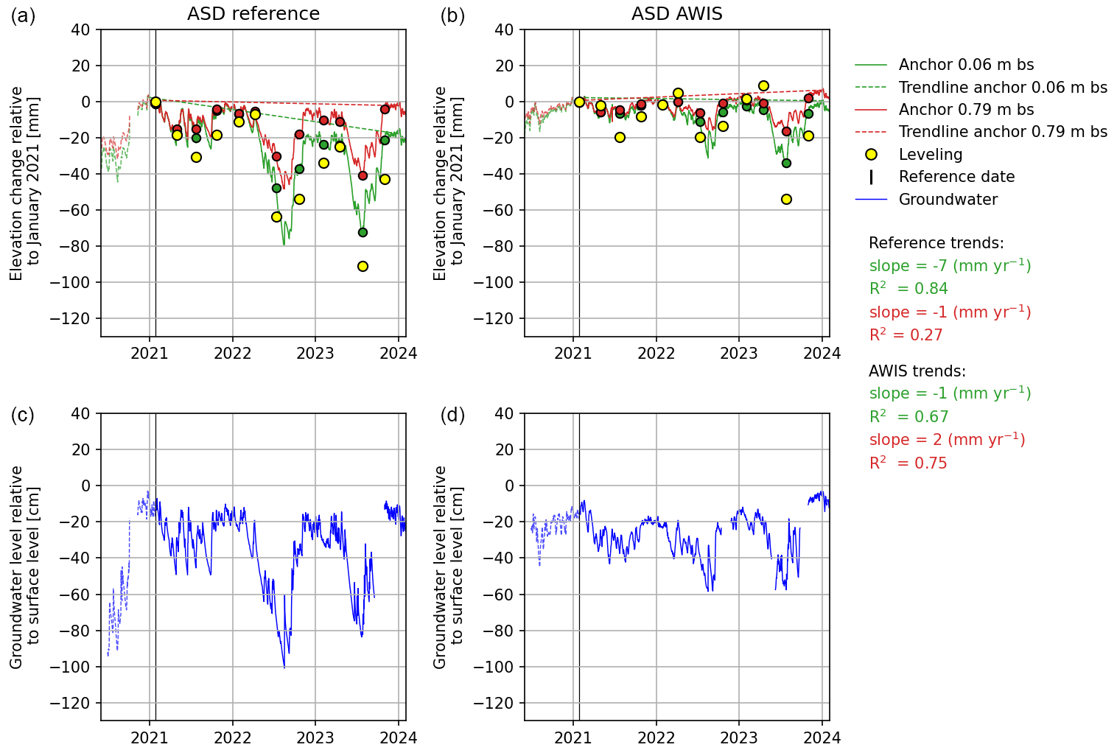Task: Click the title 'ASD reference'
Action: point(253,14)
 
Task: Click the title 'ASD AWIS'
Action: point(676,14)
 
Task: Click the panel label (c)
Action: point(23,415)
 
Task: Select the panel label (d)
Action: point(452,415)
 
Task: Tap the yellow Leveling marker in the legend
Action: point(872,155)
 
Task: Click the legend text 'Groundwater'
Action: point(948,200)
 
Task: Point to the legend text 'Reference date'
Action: point(956,177)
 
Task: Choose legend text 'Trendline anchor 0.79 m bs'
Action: point(1003,132)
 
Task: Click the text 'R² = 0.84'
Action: point(908,289)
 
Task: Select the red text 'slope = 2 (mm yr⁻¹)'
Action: point(947,440)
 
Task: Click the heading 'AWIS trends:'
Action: point(917,371)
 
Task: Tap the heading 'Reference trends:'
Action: point(936,243)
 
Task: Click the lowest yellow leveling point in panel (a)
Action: point(363,266)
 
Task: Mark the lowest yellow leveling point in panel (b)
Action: point(786,199)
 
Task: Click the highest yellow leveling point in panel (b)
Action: point(763,86)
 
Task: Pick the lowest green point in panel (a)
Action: point(363,232)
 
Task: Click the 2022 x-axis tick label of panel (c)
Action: point(233,737)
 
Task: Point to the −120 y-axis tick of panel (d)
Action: point(498,703)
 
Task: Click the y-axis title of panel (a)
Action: point(25,183)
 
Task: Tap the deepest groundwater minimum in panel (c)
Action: point(284,667)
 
